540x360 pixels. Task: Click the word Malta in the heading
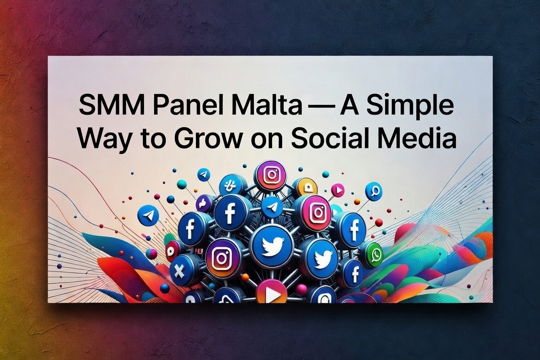pos(267,106)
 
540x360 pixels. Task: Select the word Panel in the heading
pos(188,106)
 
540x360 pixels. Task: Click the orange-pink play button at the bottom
pos(272,293)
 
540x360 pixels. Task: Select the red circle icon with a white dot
pos(172,251)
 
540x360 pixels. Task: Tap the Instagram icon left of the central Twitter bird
pos(220,258)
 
